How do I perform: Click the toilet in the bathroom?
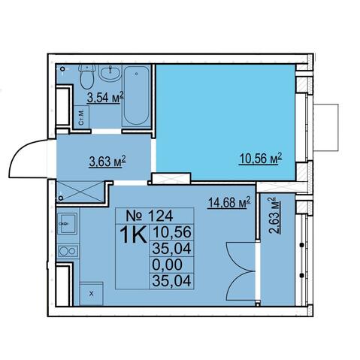coord(86,76)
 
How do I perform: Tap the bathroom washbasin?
coord(110,72)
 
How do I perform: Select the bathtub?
coord(137,95)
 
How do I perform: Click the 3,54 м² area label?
coord(105,97)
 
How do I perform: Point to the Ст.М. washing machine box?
coord(81,117)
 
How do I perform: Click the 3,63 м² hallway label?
coord(107,162)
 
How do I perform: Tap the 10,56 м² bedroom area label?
coord(261,159)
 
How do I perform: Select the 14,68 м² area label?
coord(228,203)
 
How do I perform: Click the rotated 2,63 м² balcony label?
coord(274,215)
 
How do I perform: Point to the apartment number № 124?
coord(150,216)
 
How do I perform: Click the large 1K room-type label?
coord(133,234)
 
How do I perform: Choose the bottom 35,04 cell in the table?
coord(171,281)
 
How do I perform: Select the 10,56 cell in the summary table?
coord(171,232)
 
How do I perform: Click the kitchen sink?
coord(68,223)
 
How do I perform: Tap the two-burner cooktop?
coord(68,251)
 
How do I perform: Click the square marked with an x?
coord(92,294)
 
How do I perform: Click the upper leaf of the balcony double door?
coord(241,256)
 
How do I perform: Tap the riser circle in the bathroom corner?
coord(63,69)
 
